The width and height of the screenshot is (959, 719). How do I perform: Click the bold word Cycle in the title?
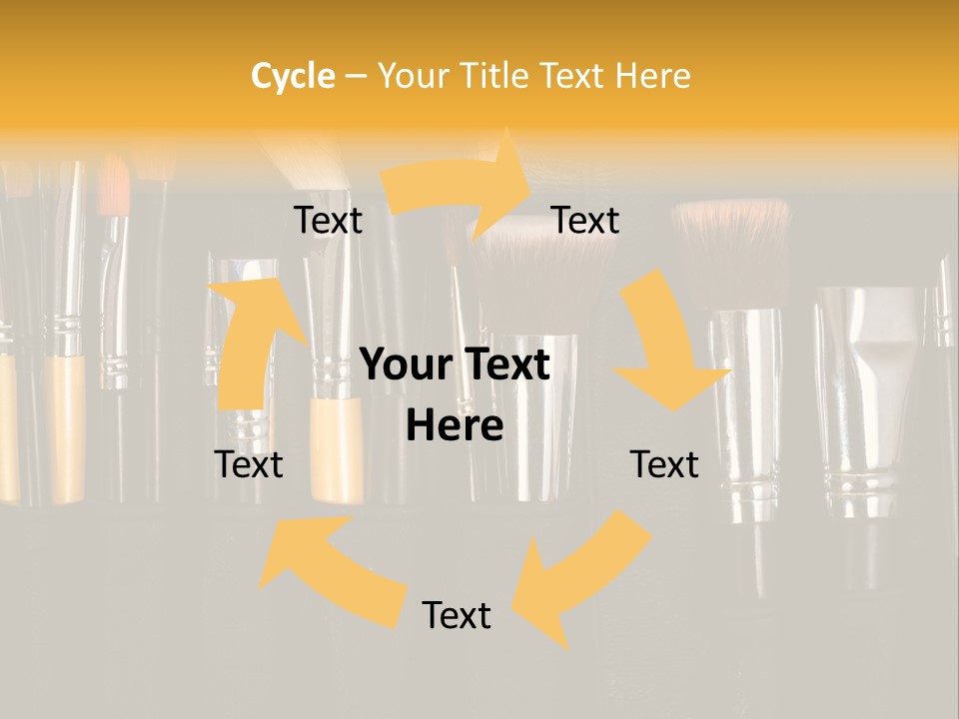tap(293, 76)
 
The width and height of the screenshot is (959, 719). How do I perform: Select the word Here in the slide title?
tap(652, 76)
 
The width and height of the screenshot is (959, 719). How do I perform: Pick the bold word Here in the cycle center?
tap(455, 426)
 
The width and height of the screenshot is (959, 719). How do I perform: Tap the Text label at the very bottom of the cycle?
tap(457, 615)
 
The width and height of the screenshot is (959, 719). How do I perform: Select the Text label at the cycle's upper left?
tap(328, 220)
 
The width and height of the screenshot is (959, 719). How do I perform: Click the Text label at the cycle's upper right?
tap(585, 220)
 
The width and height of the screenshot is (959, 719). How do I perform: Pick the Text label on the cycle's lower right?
tap(664, 464)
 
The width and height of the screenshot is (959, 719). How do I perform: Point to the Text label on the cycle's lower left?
tap(249, 464)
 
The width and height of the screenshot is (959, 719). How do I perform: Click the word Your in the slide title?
tap(411, 76)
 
